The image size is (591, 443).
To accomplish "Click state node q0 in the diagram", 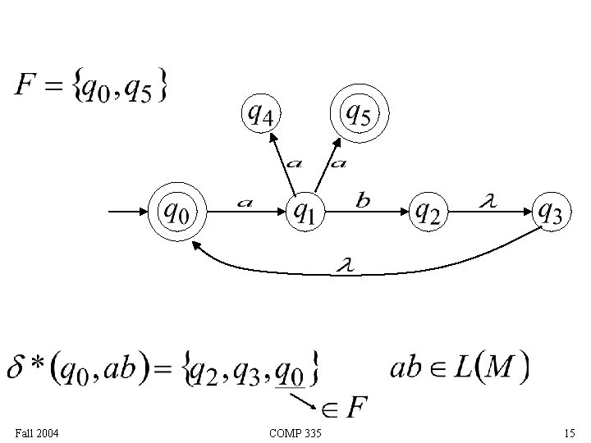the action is coord(176,212).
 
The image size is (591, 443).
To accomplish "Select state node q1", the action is coord(303,213).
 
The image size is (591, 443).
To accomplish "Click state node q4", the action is coord(260,114).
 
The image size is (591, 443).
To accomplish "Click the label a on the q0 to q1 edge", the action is coord(244,201).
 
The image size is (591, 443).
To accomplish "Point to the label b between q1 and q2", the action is coord(362,199).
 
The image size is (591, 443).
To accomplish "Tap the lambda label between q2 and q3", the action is coord(486,199).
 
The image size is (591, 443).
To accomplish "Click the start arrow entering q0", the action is coord(127,213).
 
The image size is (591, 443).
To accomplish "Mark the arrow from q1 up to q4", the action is coord(282,163).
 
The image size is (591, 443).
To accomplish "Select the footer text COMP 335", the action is coord(295,432).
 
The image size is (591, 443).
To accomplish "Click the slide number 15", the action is coord(570,432).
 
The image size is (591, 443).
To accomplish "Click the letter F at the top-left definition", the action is coord(25,84).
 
